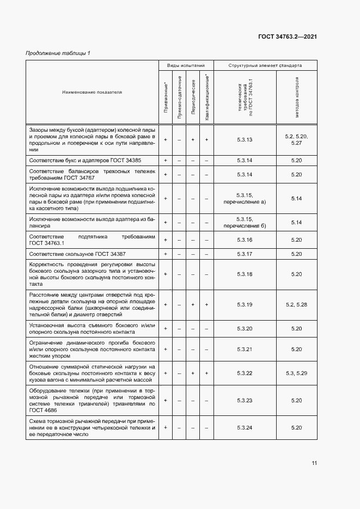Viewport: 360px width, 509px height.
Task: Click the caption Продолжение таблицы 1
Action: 58,53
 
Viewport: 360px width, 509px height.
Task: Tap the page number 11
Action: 314,463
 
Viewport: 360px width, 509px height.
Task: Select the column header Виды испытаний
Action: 185,65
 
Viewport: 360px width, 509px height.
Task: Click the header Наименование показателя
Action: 92,92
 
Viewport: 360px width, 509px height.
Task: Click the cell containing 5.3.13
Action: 245,140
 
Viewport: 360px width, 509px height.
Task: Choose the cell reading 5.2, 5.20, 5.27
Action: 296,140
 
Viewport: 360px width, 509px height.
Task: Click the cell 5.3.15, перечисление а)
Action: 245,199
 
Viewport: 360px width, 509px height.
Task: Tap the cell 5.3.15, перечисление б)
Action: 245,222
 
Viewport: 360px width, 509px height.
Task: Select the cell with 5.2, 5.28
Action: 296,305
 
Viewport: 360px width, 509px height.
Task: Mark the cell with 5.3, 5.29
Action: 296,373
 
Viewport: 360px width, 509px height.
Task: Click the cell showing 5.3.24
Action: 245,428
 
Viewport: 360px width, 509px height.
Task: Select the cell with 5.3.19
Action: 245,305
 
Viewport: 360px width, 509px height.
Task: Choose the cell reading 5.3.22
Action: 245,373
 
